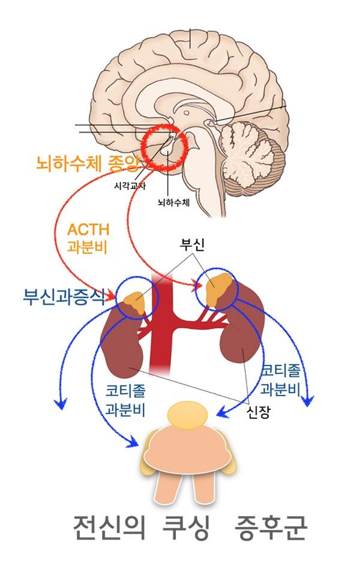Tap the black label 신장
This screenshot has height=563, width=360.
coord(256,411)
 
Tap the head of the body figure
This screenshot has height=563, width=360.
coord(188,415)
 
